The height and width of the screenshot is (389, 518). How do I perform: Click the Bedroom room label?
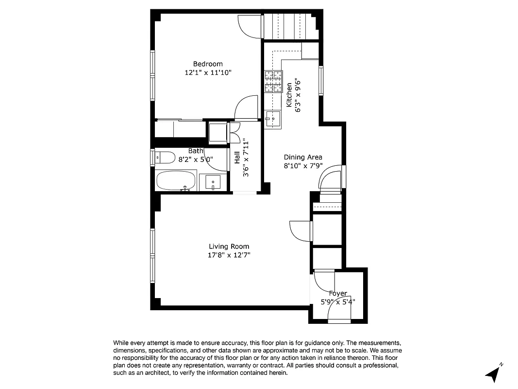(x=208, y=64)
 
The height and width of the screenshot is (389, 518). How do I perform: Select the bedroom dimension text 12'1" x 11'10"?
(x=208, y=72)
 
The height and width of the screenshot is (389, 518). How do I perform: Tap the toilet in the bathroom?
(x=165, y=158)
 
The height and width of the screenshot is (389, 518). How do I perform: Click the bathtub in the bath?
(x=176, y=180)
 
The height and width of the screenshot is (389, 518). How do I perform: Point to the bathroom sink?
(x=213, y=182)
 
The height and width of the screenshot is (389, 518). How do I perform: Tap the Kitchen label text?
(x=289, y=95)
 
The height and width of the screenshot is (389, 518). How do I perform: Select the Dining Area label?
(x=303, y=157)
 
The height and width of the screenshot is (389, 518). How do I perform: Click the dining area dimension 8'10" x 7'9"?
(x=303, y=166)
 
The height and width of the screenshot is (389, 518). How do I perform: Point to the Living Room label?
(x=229, y=247)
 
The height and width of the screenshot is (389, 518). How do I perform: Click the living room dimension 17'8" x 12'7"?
(x=229, y=255)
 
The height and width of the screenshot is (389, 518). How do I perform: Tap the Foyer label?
(x=338, y=293)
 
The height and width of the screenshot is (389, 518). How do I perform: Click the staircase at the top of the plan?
(x=290, y=27)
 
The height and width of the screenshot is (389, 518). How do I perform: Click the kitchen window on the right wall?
(x=321, y=80)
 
